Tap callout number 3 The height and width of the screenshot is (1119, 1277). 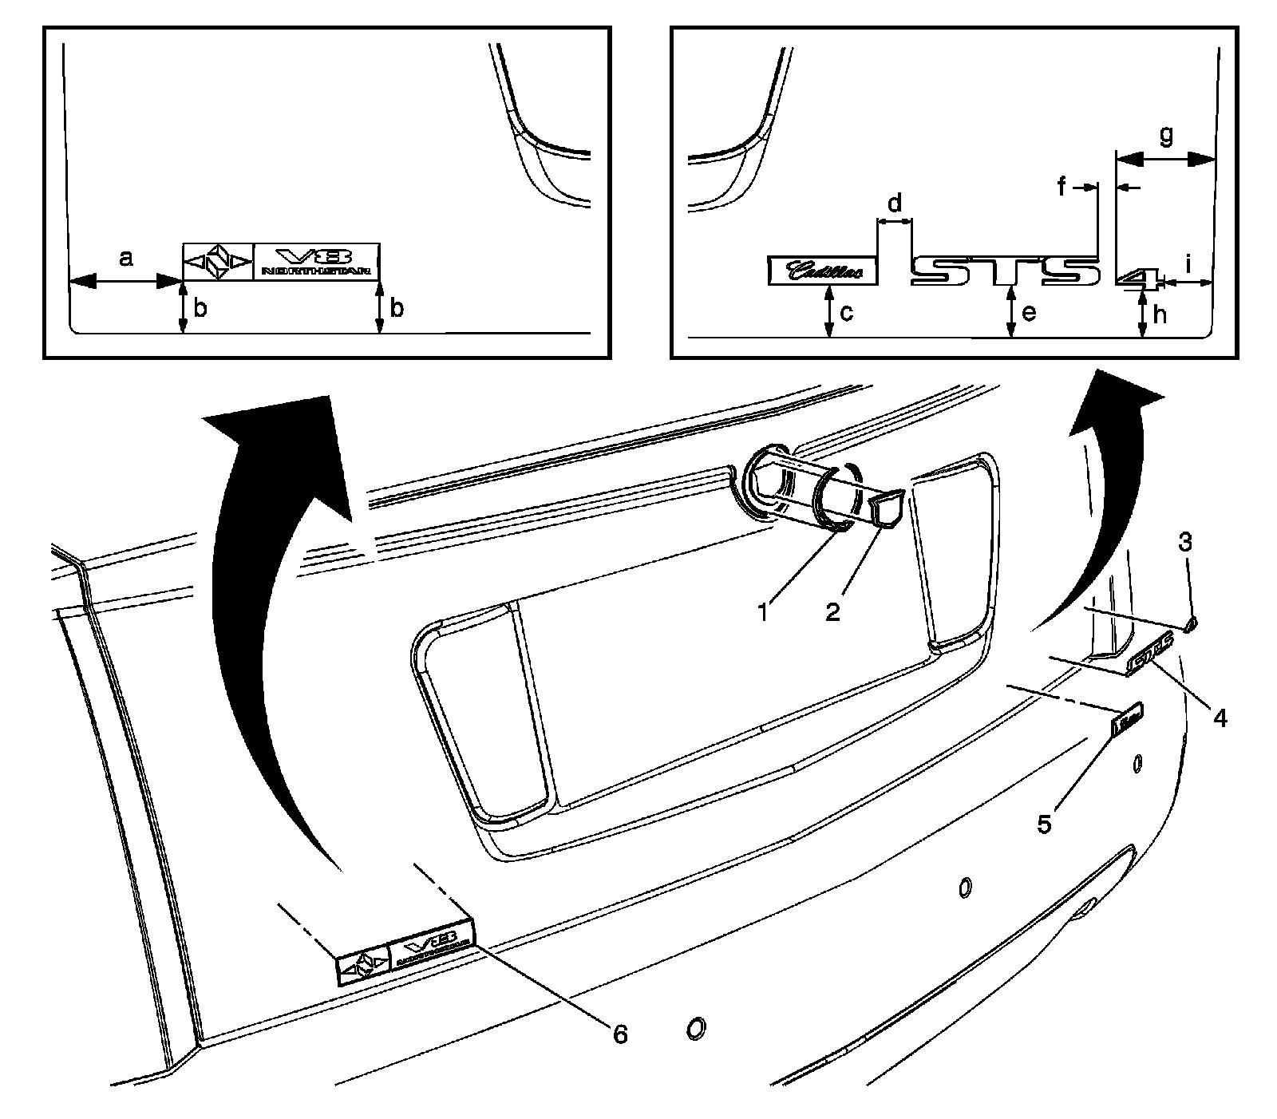(x=1185, y=542)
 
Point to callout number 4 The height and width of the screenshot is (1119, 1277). (x=1219, y=718)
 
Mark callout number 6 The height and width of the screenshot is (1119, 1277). (x=619, y=1034)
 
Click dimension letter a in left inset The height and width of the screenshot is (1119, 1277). (x=125, y=258)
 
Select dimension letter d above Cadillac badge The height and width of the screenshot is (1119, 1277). (x=895, y=203)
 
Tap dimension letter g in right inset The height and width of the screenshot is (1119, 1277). (x=1166, y=136)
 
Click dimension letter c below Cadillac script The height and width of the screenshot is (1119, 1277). (x=847, y=311)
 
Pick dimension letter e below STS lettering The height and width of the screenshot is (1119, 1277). (x=1029, y=311)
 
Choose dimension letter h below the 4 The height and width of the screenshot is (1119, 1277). (x=1160, y=314)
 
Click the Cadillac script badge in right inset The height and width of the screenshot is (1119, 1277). (x=823, y=271)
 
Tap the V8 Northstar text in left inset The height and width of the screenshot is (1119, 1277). (x=317, y=261)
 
